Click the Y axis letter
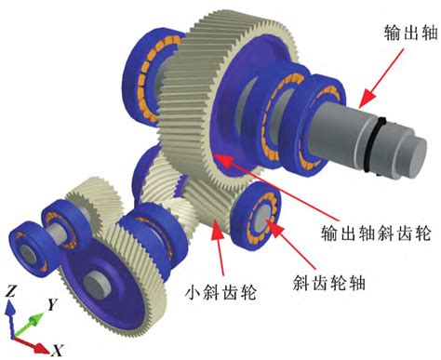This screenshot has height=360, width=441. point(53,303)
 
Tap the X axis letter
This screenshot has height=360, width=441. point(57,350)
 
